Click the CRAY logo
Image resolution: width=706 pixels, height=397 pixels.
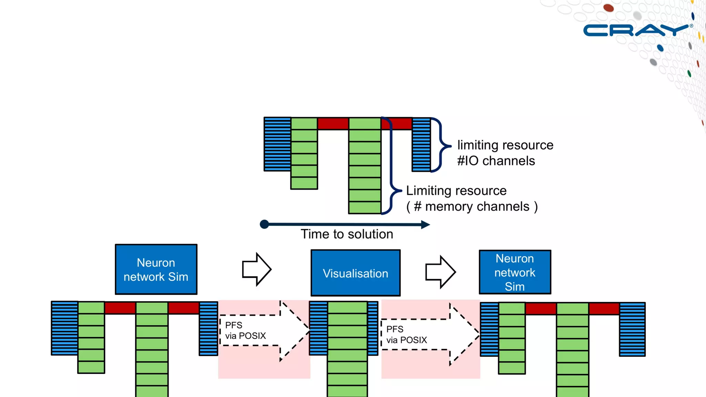point(636,30)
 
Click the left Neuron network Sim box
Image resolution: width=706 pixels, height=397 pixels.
point(156,269)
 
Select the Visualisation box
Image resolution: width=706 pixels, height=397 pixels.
point(355,273)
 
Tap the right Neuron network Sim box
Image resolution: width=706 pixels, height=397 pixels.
point(515,272)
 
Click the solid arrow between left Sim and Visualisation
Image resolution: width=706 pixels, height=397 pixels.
point(256,269)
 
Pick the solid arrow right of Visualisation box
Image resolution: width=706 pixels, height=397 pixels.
point(440,272)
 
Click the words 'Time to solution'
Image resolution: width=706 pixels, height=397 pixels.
point(347,234)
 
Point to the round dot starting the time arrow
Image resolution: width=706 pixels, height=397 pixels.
point(264,224)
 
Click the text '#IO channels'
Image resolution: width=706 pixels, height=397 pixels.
point(496,161)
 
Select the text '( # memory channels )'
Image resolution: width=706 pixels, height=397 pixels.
point(472,207)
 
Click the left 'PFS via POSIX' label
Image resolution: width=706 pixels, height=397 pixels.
point(245,330)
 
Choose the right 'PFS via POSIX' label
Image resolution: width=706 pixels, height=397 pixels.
point(406,335)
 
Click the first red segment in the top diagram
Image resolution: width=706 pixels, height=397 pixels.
point(333,123)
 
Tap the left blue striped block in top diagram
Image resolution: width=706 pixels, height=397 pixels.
point(278,144)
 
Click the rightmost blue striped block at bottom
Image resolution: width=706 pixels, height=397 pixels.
point(632,329)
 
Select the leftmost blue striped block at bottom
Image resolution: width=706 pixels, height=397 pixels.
point(64,328)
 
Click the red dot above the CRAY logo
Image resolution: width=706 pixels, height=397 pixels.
point(608,8)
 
